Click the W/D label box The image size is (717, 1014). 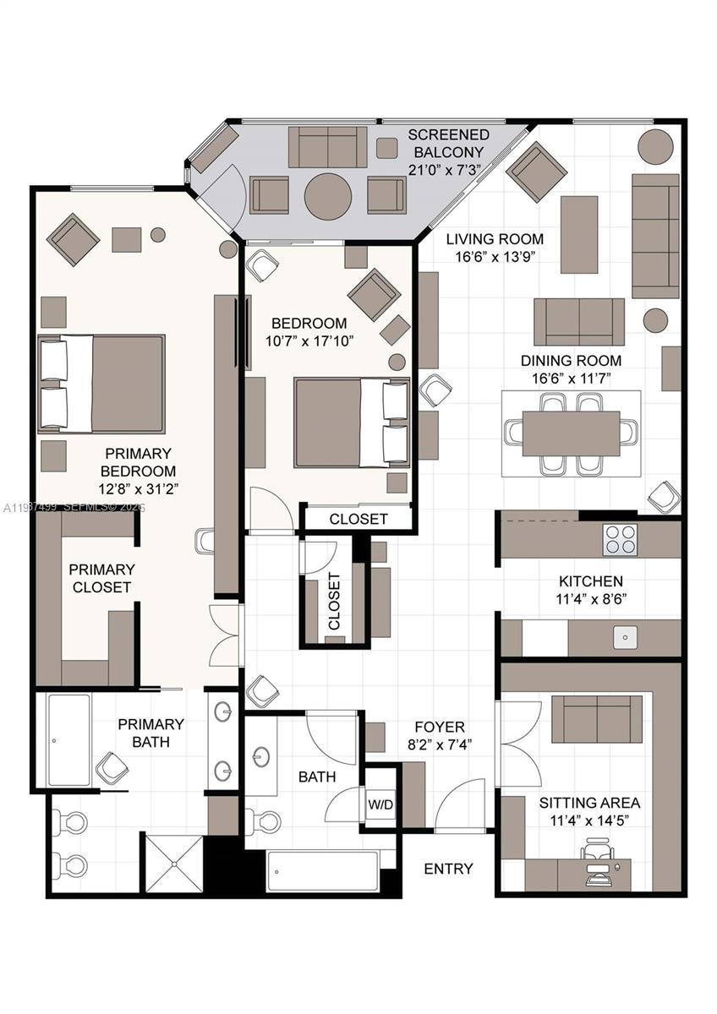click(380, 804)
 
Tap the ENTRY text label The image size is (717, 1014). click(448, 869)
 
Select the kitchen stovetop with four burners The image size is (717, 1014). click(619, 540)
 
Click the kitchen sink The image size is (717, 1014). click(625, 638)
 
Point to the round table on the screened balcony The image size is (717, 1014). click(328, 196)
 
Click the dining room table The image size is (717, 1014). click(571, 433)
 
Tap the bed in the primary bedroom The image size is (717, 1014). click(101, 384)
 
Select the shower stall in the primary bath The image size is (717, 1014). click(172, 863)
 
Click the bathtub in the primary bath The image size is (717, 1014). click(68, 740)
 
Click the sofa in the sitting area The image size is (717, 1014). click(597, 718)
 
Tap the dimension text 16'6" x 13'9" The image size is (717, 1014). click(495, 257)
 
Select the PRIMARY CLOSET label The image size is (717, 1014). click(101, 578)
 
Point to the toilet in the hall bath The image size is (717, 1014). click(262, 820)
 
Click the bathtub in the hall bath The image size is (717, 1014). click(322, 870)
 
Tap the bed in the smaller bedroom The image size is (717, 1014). click(352, 422)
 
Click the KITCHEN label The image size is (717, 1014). click(590, 581)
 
